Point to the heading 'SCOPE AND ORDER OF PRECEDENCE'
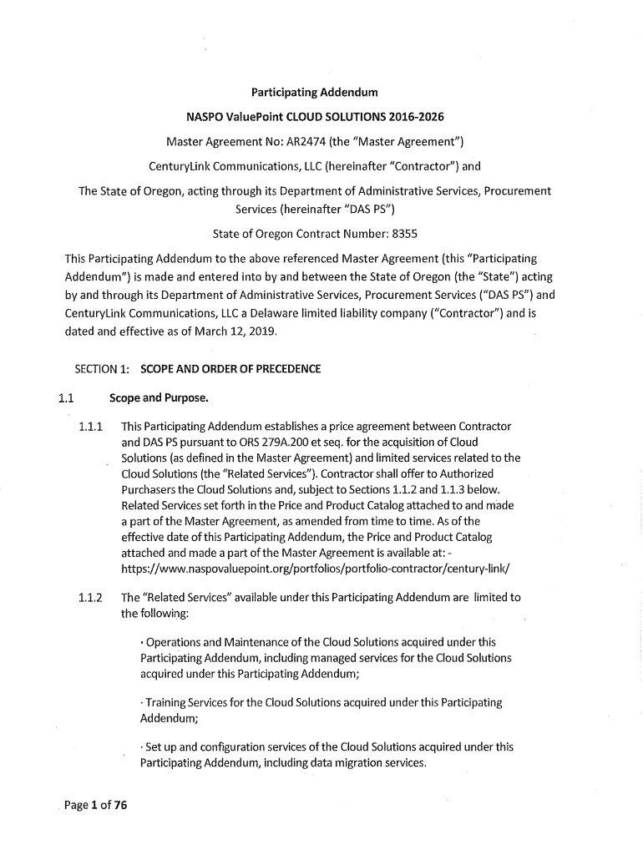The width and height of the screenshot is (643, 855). [x=230, y=369]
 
